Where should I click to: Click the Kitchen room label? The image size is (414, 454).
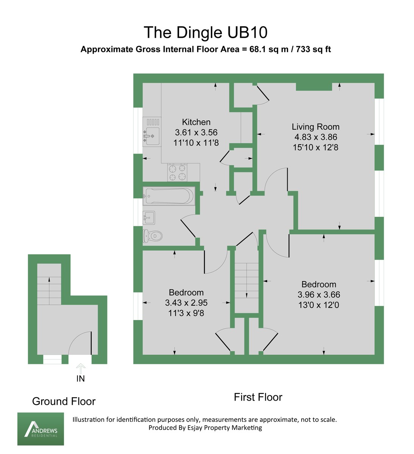[x=196, y=122]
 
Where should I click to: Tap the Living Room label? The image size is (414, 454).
[x=315, y=127]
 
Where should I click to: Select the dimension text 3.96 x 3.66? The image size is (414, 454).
[x=319, y=295]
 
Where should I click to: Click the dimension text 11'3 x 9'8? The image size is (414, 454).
[x=186, y=313]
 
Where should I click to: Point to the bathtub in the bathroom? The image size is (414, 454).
[x=169, y=196]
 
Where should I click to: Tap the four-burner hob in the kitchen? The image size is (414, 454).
[x=177, y=173]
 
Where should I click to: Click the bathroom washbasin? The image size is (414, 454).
[x=149, y=218]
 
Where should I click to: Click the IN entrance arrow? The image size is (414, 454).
[x=81, y=368]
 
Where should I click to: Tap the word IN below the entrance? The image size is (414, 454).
[x=81, y=379]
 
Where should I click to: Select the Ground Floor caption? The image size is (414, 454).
[x=64, y=401]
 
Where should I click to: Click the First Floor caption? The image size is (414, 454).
[x=258, y=397]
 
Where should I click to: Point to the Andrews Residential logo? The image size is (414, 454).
[x=40, y=429]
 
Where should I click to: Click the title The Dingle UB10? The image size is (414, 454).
[x=205, y=33]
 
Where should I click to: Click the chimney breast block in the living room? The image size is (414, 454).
[x=314, y=87]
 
